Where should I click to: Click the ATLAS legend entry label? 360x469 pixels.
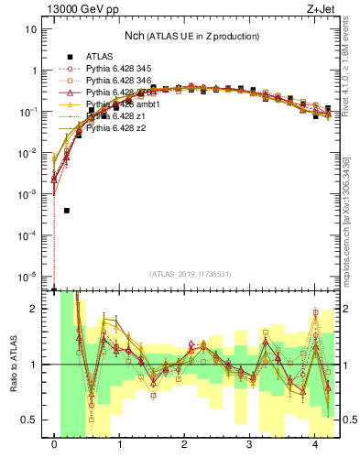click(x=100, y=57)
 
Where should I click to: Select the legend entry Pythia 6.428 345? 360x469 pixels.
click(x=121, y=69)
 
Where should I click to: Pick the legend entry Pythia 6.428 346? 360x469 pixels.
click(x=121, y=81)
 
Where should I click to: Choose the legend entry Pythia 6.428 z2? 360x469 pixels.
click(x=118, y=128)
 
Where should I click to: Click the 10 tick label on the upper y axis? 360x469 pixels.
click(x=31, y=28)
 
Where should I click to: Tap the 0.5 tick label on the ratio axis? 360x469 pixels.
click(x=29, y=420)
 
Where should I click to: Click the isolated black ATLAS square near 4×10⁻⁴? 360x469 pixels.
click(x=67, y=211)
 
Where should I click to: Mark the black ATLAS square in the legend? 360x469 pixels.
click(x=70, y=57)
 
